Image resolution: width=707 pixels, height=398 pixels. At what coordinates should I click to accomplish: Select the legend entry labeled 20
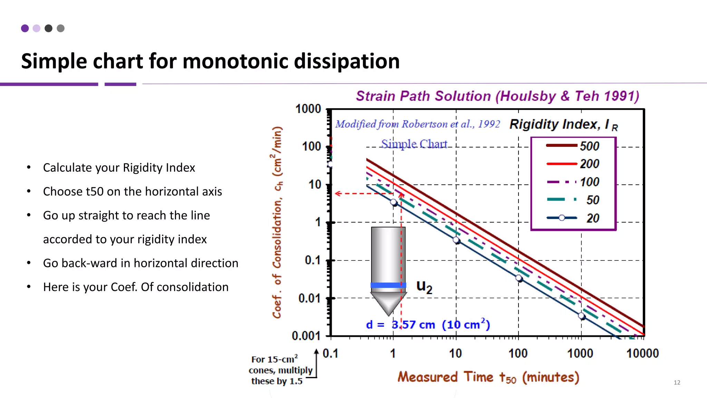(x=573, y=218)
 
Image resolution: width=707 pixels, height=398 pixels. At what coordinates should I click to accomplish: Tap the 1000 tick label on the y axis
(x=308, y=109)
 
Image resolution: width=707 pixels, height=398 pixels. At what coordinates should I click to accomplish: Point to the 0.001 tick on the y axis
(x=306, y=335)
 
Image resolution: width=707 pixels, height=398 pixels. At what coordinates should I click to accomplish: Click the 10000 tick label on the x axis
(x=642, y=353)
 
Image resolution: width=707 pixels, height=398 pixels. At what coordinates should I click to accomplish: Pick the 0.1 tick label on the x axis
(x=330, y=353)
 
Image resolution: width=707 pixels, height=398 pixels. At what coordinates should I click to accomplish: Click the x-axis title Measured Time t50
(x=488, y=377)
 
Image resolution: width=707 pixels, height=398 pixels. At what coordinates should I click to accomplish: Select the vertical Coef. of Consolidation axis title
(x=277, y=222)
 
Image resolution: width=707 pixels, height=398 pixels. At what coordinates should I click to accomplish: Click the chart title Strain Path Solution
(x=497, y=96)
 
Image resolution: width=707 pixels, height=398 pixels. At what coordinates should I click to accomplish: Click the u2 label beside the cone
(x=424, y=286)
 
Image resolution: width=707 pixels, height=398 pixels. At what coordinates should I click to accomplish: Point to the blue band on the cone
(x=388, y=285)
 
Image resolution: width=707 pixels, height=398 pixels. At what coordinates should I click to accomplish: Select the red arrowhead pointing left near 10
(x=338, y=193)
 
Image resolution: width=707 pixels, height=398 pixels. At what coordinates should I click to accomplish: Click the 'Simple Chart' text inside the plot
(x=414, y=144)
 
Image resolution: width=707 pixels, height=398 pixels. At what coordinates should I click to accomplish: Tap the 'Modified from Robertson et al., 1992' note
(x=417, y=124)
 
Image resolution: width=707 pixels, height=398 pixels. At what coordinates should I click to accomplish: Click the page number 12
(x=677, y=382)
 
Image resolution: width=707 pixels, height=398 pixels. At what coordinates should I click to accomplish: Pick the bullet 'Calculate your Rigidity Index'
(x=119, y=168)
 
